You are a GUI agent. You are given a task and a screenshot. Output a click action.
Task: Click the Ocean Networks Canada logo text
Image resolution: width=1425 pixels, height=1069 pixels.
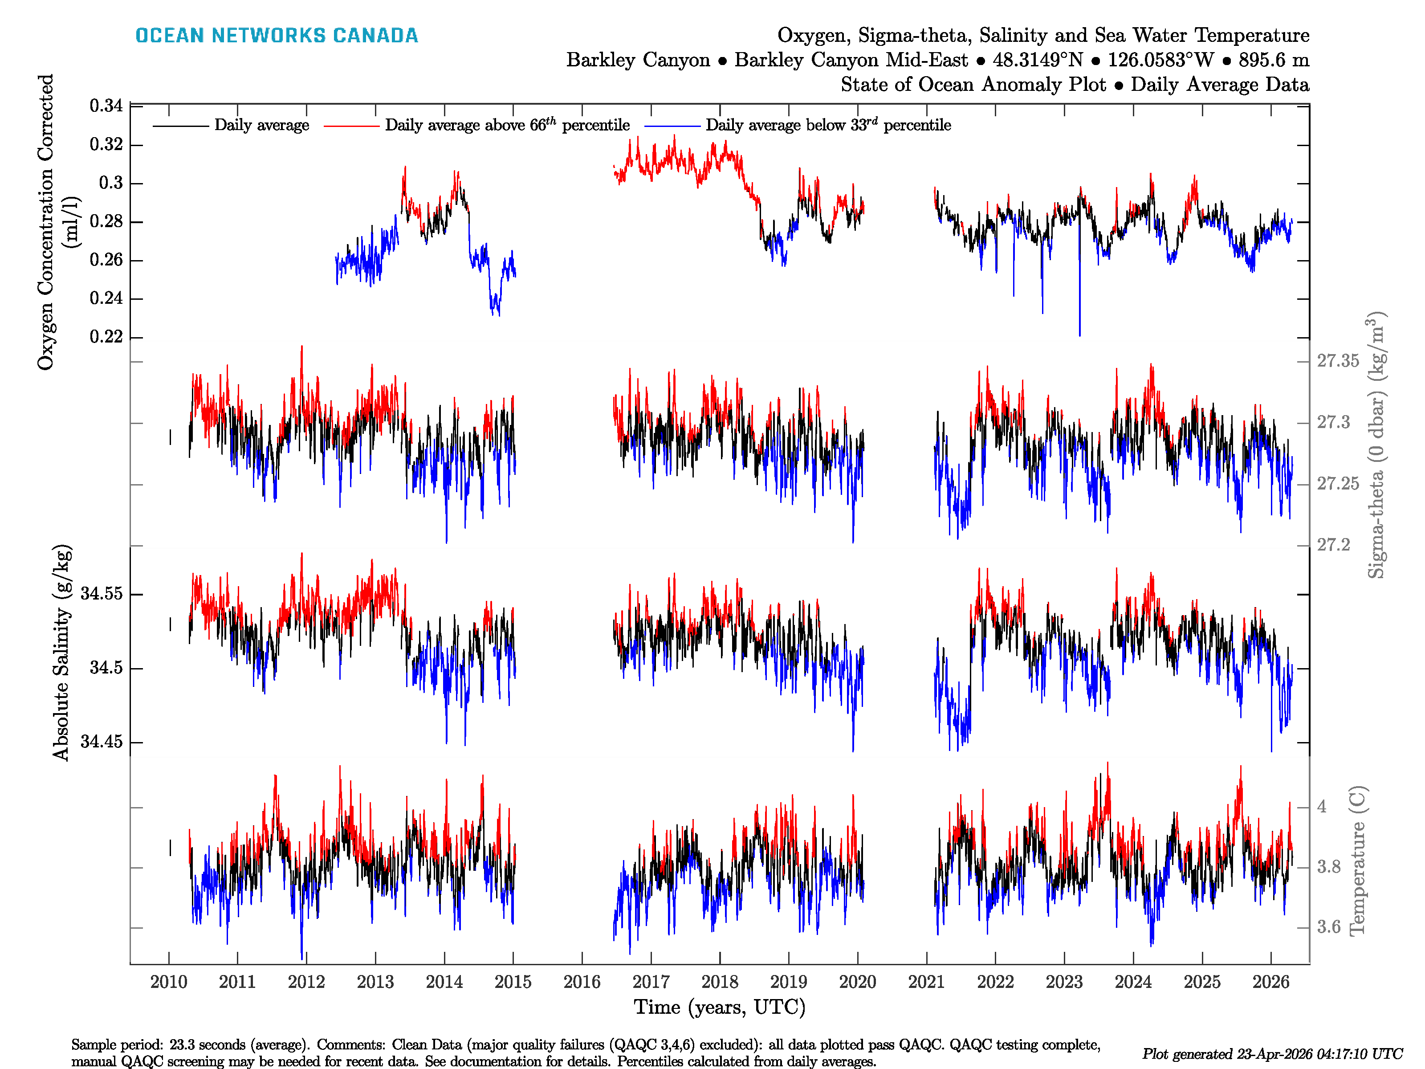click(x=277, y=36)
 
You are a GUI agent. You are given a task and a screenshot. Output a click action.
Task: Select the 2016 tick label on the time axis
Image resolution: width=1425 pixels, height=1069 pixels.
click(x=582, y=982)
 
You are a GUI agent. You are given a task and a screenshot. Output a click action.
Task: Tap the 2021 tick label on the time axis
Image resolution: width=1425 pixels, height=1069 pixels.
click(x=926, y=982)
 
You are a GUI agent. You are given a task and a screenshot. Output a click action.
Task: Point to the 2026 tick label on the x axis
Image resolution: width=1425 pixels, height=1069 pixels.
click(x=1270, y=982)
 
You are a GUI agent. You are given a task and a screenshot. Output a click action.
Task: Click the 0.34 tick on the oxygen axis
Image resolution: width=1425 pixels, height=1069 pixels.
click(x=106, y=106)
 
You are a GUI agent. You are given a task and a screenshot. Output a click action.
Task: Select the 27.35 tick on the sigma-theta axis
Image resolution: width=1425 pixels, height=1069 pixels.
click(x=1337, y=361)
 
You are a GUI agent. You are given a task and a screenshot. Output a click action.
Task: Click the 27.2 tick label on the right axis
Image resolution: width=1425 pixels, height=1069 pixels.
click(x=1333, y=545)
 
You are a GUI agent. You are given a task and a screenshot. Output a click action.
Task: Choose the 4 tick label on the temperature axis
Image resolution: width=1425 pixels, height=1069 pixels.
click(x=1322, y=807)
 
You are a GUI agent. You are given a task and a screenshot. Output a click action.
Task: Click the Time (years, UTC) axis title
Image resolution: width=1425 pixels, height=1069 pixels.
click(x=720, y=1007)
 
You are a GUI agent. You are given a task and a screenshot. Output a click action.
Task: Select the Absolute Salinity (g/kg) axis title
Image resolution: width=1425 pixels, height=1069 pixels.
click(x=61, y=653)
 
